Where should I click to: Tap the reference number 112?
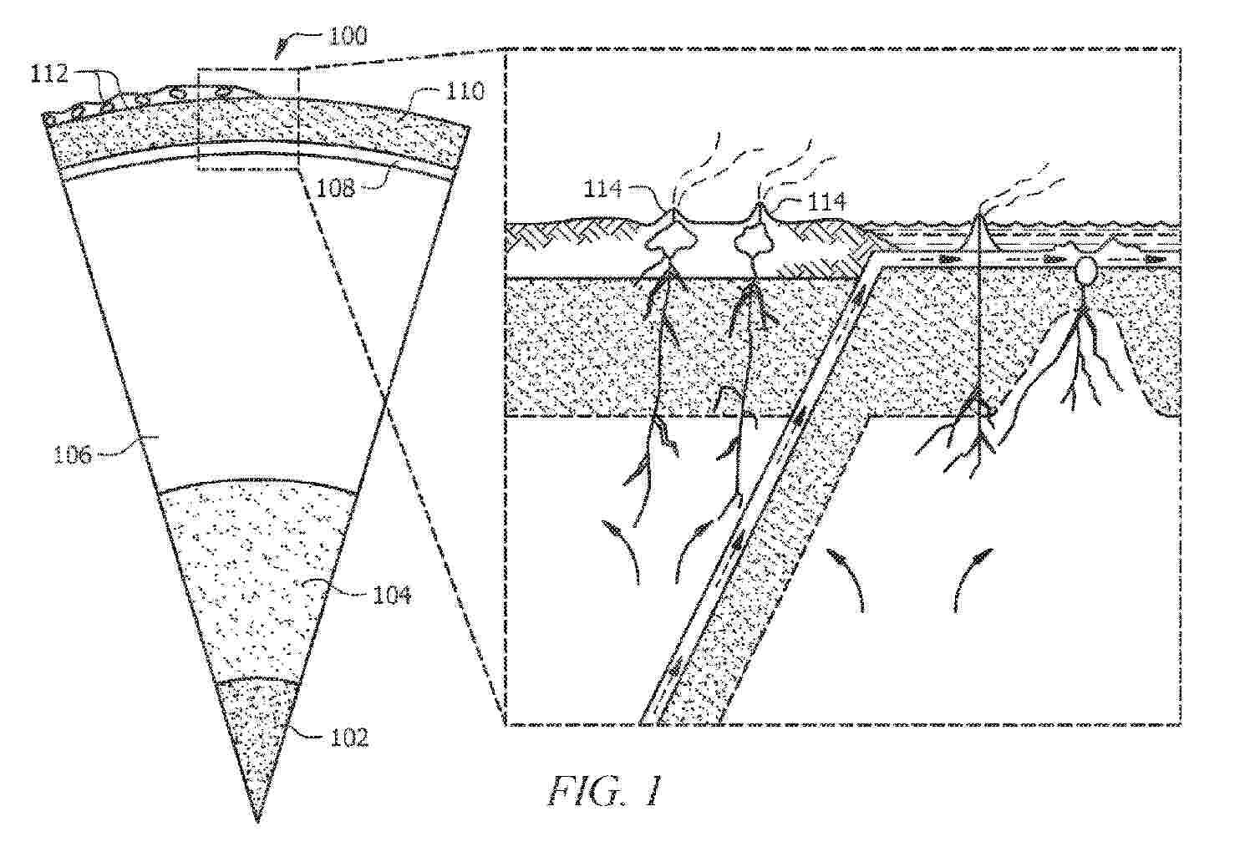point(48,74)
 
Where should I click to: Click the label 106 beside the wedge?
point(74,455)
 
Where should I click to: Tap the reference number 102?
point(349,738)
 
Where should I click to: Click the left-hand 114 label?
point(603,190)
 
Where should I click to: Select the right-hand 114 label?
point(826,201)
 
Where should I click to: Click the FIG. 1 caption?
point(604,791)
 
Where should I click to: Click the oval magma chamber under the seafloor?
point(1086,271)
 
